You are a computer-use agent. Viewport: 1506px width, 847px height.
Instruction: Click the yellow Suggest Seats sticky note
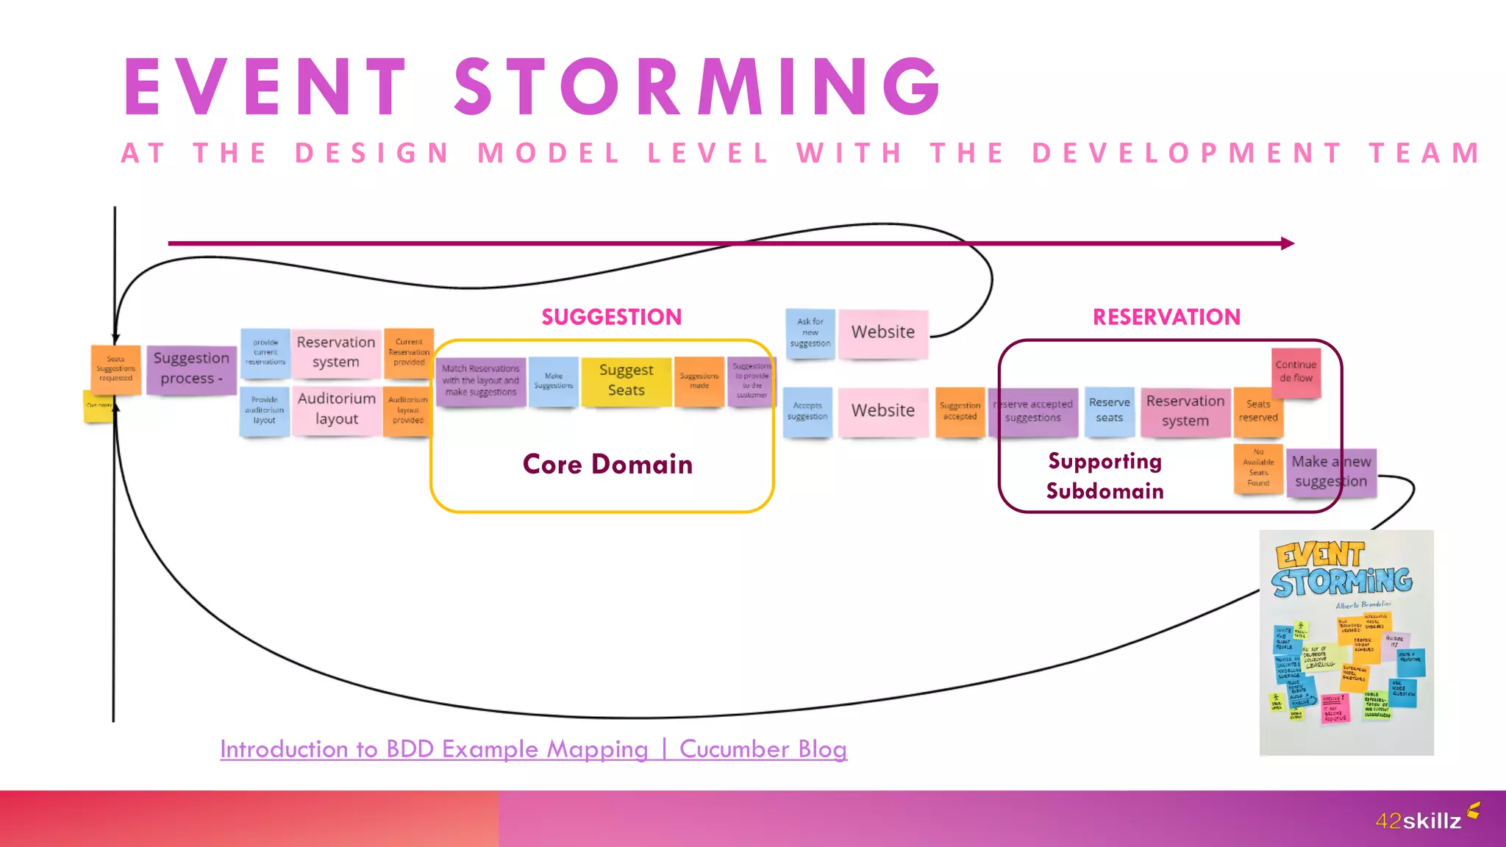coord(626,381)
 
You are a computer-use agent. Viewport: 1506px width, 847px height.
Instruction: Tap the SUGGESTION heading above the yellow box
coord(611,317)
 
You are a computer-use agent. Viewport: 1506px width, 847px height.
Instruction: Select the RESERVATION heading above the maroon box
coord(1166,317)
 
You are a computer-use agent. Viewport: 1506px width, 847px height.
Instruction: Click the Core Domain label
coord(607,465)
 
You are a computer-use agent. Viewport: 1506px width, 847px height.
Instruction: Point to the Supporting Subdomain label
coord(1104,476)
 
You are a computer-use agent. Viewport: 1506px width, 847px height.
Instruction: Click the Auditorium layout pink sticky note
coord(337,409)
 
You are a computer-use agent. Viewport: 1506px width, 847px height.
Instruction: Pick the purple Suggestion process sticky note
coord(191,368)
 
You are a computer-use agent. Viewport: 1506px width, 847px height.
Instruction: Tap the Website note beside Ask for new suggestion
coord(882,332)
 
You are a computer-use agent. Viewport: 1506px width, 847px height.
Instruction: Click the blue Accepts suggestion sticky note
coord(807,411)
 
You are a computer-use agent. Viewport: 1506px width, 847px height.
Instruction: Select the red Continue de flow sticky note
coord(1296,371)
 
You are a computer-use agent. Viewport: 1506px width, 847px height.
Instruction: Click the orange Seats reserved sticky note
coord(1257,411)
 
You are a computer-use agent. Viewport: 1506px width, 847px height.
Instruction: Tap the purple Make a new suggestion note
coord(1331,472)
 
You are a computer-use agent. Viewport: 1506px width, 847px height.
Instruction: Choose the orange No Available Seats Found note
coord(1258,468)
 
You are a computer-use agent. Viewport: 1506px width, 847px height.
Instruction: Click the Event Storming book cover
coord(1346,642)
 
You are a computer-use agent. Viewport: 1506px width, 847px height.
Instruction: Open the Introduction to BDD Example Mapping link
coord(533,749)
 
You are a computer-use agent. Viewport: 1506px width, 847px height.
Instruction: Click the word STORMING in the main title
coord(697,87)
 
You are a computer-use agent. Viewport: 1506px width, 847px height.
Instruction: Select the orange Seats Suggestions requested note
coord(115,368)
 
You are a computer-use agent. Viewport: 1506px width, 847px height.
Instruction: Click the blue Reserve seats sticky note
coord(1109,410)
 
